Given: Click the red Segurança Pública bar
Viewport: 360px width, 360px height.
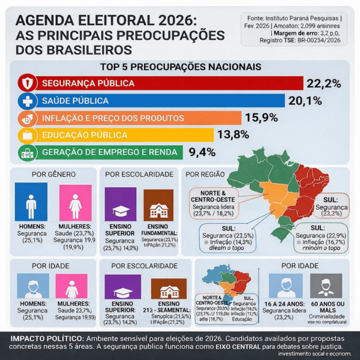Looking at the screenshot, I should coord(162,83).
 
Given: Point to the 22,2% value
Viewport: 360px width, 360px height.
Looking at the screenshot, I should coord(323,83).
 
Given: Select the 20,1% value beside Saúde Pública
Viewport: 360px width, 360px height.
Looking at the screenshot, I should coord(305,101).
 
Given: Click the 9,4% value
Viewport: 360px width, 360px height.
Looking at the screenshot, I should coord(202,152).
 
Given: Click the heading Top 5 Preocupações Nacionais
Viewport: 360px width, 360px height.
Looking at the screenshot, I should coord(179,67).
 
